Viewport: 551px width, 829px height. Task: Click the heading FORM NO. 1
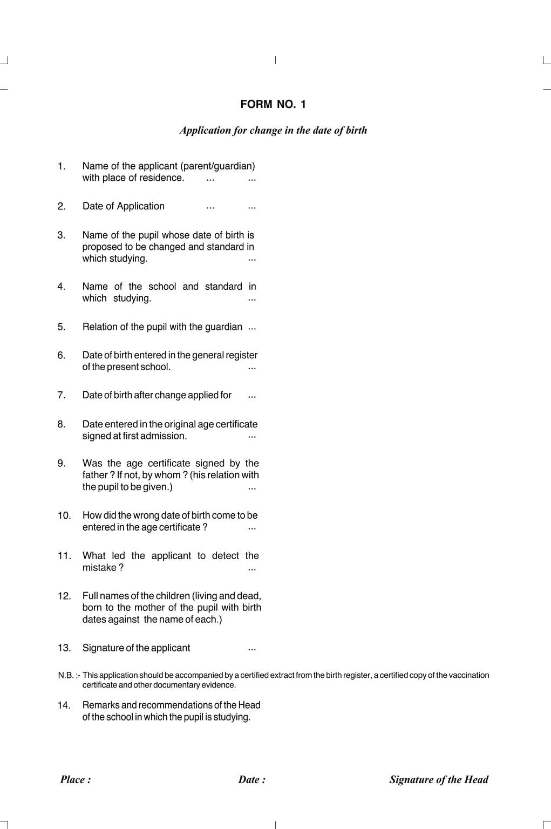[273, 105]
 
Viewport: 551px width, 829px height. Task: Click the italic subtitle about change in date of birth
[273, 131]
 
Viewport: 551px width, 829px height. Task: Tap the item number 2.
[62, 206]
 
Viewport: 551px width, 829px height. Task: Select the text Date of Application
[124, 206]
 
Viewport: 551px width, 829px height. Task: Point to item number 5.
[62, 327]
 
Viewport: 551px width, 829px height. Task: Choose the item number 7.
[62, 396]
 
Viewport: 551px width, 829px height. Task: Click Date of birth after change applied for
[157, 396]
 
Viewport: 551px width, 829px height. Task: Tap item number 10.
[64, 516]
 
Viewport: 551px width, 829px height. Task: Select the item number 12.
[64, 596]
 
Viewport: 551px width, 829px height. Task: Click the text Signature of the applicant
[136, 648]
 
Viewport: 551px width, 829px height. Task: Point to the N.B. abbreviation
[66, 676]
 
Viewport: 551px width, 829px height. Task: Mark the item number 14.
[64, 705]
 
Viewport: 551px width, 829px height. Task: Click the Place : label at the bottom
[76, 780]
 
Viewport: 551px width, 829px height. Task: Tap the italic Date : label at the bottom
[252, 780]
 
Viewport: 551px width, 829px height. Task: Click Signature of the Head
[439, 780]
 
